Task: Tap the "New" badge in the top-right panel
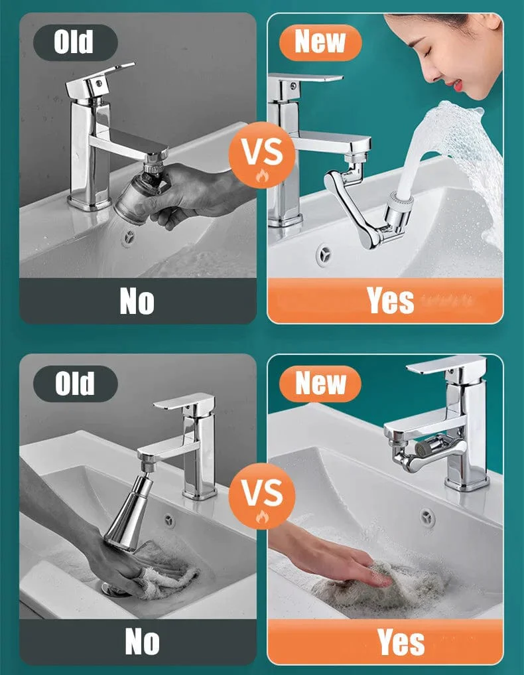(320, 42)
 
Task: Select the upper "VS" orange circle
(261, 155)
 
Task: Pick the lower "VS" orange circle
(261, 496)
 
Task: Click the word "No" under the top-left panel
(137, 301)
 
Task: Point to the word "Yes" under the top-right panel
(391, 301)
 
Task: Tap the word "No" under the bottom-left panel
(142, 642)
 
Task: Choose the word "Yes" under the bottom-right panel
(401, 642)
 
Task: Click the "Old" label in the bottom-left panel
(76, 384)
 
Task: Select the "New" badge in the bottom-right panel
(320, 384)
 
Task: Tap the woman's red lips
(458, 84)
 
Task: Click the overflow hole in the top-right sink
(324, 253)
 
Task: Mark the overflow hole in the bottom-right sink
(428, 516)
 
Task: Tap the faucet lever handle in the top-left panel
(100, 80)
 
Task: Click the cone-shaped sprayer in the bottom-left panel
(128, 512)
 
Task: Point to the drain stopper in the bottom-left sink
(115, 589)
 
